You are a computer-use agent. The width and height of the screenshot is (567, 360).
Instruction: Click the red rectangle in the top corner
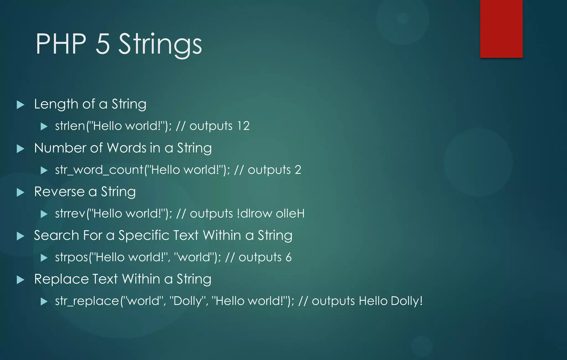pyautogui.click(x=501, y=29)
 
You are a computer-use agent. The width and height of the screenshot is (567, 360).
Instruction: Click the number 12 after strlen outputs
pyautogui.click(x=243, y=126)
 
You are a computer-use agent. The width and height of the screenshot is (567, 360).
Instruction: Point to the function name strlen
pyautogui.click(x=70, y=126)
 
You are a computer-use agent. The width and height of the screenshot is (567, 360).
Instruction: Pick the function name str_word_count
pyautogui.click(x=99, y=170)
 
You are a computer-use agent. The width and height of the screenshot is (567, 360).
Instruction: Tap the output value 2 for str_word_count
pyautogui.click(x=298, y=170)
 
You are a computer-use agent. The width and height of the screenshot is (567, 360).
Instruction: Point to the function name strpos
pyautogui.click(x=71, y=257)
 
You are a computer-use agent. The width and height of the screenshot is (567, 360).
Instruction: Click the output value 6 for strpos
pyautogui.click(x=288, y=257)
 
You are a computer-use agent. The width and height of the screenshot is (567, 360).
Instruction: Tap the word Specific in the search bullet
pyautogui.click(x=158, y=236)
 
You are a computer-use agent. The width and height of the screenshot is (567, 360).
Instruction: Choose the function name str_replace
pyautogui.click(x=87, y=301)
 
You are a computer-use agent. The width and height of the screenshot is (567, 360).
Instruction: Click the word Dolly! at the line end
pyautogui.click(x=407, y=301)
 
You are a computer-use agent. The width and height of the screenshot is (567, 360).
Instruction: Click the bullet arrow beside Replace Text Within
pyautogui.click(x=20, y=280)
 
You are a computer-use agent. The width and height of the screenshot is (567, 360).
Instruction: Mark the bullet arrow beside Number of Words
pyautogui.click(x=20, y=149)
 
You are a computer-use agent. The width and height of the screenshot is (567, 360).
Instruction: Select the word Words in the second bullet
pyautogui.click(x=127, y=148)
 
